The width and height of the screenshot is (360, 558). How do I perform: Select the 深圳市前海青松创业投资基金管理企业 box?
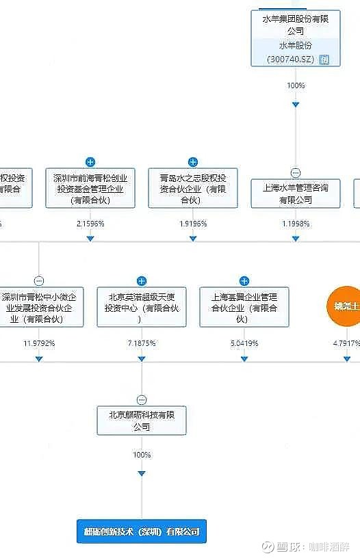click(x=90, y=188)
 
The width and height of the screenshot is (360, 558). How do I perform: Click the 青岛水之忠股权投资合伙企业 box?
click(x=193, y=188)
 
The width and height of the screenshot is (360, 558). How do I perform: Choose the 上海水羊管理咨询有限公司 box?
click(x=296, y=194)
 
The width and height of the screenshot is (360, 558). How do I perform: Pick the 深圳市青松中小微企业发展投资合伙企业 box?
click(x=39, y=308)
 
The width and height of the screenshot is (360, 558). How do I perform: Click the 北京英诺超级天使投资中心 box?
click(x=142, y=308)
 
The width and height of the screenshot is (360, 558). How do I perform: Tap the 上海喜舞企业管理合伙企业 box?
click(x=244, y=308)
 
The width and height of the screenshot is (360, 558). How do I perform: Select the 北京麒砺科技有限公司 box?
click(x=142, y=421)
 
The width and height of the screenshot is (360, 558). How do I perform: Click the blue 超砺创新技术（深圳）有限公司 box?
click(x=142, y=531)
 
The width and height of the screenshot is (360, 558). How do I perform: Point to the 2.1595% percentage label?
click(x=90, y=224)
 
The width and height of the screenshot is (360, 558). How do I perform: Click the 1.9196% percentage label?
click(x=193, y=224)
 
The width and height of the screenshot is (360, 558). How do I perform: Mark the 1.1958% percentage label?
click(x=296, y=224)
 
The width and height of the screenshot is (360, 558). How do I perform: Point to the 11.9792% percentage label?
click(x=39, y=343)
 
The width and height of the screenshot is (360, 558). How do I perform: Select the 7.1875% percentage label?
click(x=142, y=343)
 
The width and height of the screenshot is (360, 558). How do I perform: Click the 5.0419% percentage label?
click(x=244, y=343)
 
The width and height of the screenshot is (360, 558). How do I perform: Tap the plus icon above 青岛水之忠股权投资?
click(x=193, y=162)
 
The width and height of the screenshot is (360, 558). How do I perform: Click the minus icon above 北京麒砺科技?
click(x=142, y=400)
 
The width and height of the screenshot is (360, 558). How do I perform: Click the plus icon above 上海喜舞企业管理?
click(x=244, y=281)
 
